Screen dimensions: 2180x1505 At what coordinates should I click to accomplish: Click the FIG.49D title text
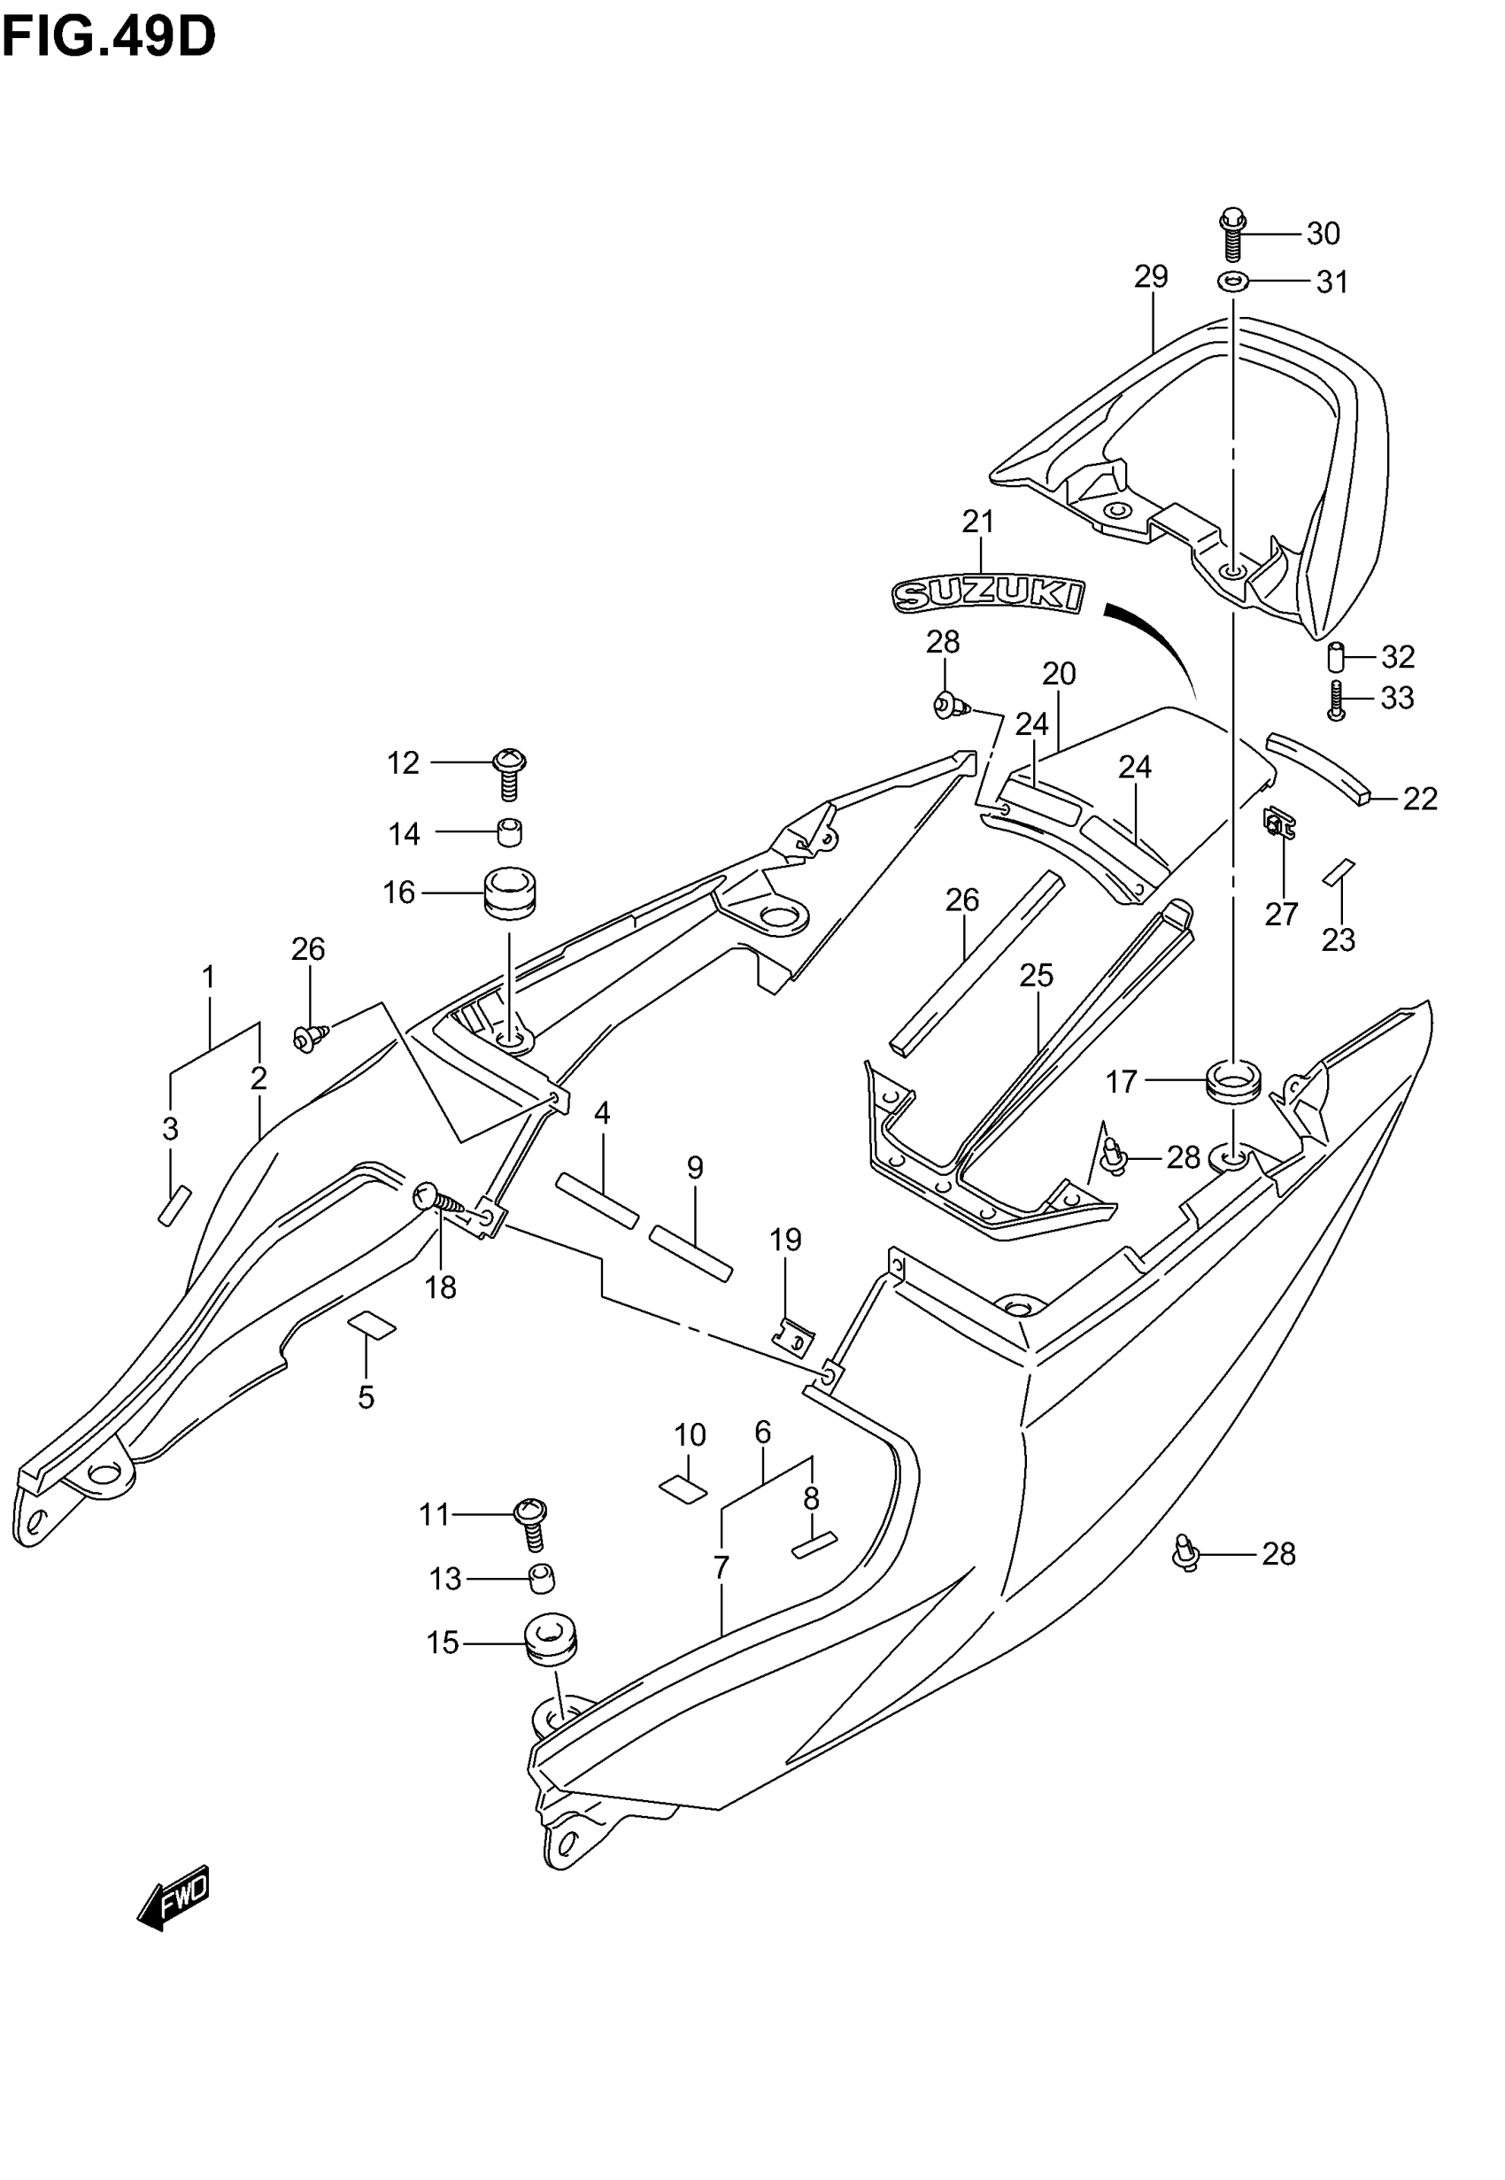tap(108, 39)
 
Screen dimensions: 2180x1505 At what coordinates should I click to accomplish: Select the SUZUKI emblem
tap(987, 594)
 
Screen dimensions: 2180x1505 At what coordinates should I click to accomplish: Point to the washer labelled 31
tap(1232, 281)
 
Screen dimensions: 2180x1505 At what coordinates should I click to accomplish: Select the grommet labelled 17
tap(1233, 1080)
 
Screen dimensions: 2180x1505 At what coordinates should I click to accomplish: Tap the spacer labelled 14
tap(510, 832)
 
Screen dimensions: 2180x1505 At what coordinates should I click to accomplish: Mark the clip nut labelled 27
tap(1279, 825)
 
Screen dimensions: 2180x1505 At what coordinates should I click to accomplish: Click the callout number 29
tap(1152, 276)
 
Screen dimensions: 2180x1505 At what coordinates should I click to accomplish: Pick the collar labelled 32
tap(1335, 656)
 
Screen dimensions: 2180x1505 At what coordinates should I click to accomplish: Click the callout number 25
tap(1037, 975)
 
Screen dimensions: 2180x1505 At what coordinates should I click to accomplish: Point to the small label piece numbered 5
tap(373, 1325)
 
